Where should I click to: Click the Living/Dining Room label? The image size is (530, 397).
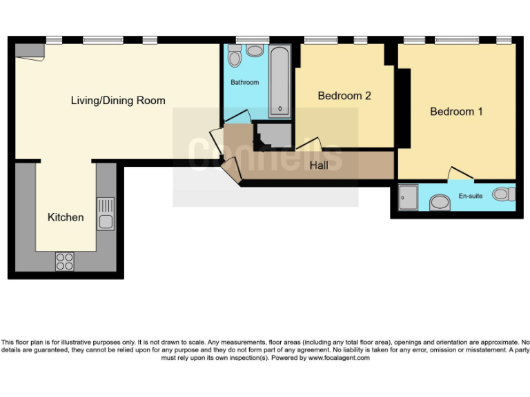(118, 101)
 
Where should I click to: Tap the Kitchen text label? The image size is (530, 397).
(66, 217)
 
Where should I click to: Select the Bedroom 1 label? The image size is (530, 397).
(456, 111)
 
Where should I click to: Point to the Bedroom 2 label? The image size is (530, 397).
(344, 96)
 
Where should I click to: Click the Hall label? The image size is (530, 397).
(319, 165)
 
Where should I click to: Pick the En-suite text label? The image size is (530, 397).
(471, 196)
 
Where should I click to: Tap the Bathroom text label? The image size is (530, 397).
(244, 83)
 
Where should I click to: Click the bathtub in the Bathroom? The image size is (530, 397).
(279, 81)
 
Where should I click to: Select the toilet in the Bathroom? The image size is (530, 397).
(235, 57)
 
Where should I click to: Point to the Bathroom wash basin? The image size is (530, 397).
(255, 51)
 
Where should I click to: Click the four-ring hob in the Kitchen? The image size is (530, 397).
(65, 262)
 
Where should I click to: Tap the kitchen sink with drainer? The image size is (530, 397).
(106, 213)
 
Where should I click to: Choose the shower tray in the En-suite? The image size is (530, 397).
(409, 198)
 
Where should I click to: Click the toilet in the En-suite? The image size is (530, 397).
(504, 195)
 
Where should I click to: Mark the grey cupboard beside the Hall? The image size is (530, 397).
(273, 136)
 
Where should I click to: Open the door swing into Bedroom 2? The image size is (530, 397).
(308, 144)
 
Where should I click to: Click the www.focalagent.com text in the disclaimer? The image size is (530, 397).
(339, 358)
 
